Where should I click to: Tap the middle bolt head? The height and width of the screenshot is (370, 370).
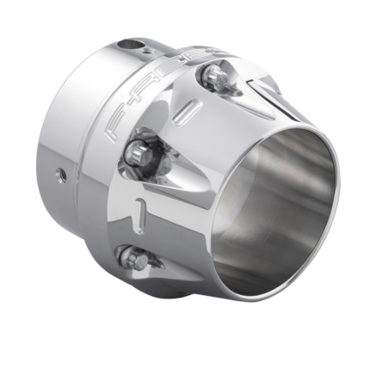[x=139, y=155]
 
